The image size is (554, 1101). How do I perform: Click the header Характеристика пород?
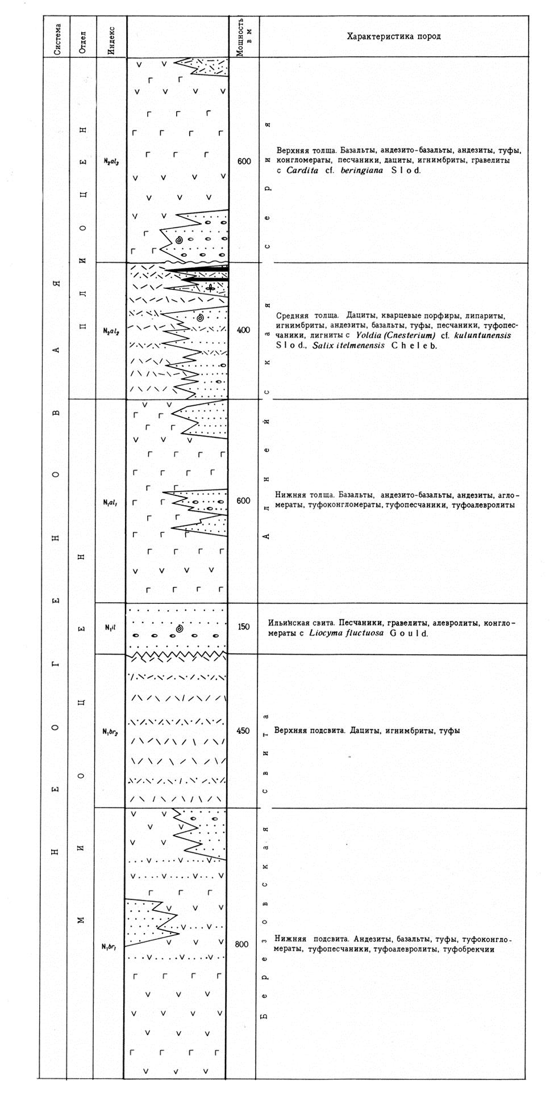click(x=394, y=37)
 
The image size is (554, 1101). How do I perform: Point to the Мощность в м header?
click(x=244, y=36)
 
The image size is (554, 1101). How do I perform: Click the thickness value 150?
click(x=243, y=627)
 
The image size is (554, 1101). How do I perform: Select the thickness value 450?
click(x=243, y=731)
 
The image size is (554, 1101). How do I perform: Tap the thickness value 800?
click(x=241, y=944)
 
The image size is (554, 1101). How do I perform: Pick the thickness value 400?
click(x=243, y=330)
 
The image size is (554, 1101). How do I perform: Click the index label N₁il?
click(x=110, y=627)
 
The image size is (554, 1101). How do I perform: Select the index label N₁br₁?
click(x=110, y=946)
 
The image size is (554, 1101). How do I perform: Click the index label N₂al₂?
click(x=111, y=330)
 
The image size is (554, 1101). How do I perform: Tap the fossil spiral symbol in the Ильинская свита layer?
click(x=180, y=629)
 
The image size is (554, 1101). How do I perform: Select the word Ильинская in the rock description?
click(x=289, y=623)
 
